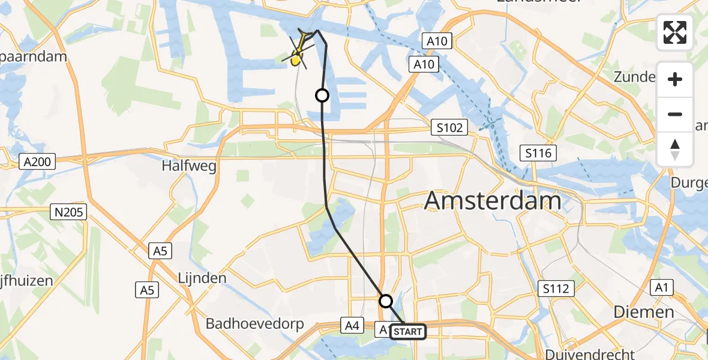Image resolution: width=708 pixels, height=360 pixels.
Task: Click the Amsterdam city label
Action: (493, 201)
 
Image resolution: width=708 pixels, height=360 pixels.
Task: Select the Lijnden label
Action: (202, 278)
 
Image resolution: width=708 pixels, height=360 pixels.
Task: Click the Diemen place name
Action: (643, 312)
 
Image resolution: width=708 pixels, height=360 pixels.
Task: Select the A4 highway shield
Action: (352, 326)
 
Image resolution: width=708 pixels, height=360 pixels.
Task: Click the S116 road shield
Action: (538, 154)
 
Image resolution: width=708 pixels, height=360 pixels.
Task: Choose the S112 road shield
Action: (557, 289)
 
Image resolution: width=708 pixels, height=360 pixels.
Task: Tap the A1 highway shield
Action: (661, 288)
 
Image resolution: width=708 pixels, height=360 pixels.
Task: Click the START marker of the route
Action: (408, 331)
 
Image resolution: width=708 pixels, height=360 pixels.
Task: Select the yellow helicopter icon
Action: (296, 57)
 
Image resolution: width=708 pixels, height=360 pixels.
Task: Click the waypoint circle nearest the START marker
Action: (386, 301)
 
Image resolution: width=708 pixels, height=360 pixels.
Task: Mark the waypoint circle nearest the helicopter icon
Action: (323, 95)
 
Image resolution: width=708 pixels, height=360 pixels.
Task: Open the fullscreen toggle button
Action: (675, 32)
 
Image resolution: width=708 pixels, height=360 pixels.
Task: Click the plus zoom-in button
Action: (675, 79)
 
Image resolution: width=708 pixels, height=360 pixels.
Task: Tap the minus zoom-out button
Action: (675, 114)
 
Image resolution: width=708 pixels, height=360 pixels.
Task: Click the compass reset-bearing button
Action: (675, 149)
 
